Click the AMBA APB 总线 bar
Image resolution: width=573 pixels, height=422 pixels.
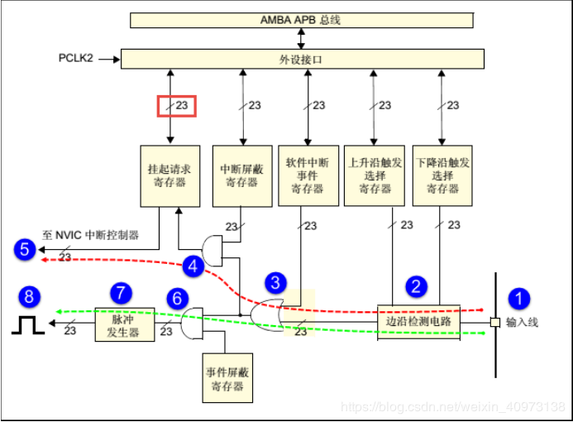302,20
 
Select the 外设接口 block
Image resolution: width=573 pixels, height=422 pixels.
302,59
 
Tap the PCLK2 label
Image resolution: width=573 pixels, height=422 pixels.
75,60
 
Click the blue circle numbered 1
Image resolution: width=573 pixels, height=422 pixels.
519,299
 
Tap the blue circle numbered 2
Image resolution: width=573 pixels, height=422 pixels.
416,287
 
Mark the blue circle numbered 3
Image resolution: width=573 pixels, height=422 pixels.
275,282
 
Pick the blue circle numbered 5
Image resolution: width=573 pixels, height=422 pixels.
25,248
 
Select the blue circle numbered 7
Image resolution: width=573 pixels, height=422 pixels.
121,292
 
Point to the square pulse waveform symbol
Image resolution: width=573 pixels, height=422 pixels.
27,325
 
